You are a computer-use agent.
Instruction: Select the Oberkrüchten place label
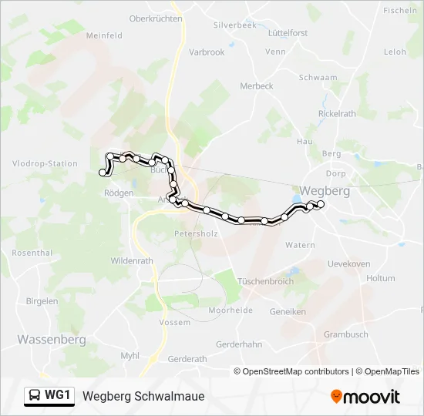155,18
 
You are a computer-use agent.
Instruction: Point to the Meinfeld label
104,35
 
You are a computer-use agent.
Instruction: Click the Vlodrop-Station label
45,163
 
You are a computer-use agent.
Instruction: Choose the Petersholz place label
197,233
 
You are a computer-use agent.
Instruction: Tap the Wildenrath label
132,260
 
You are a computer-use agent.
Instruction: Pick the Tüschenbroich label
266,281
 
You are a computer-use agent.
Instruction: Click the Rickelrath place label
337,113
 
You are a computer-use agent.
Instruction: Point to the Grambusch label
345,334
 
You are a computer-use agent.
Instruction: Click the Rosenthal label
32,253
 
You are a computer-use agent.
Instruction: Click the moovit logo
365,397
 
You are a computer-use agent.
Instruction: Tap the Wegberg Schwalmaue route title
143,397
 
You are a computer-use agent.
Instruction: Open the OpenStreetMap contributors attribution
295,371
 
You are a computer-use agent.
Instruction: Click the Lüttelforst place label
288,33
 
